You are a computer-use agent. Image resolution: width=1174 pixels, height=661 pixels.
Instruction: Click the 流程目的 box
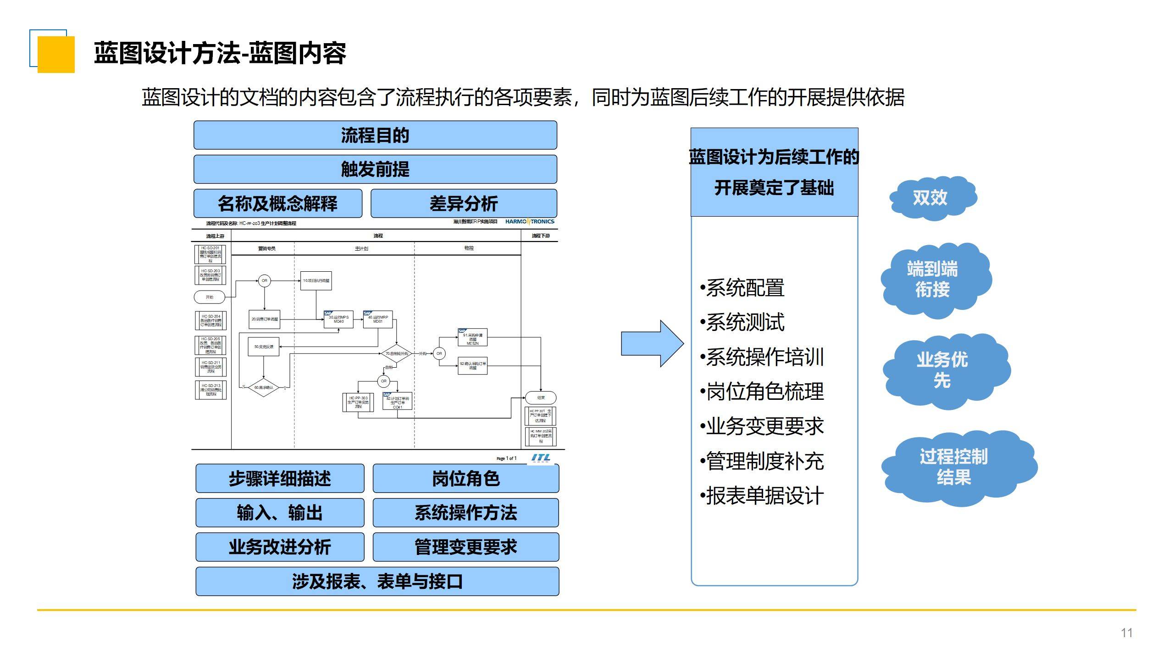click(x=375, y=135)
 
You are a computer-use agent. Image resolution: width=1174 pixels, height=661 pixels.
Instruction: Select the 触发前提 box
click(x=375, y=169)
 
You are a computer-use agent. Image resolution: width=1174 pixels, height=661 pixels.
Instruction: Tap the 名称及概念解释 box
click(x=277, y=203)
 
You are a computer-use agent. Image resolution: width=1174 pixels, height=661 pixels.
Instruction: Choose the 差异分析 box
click(x=464, y=203)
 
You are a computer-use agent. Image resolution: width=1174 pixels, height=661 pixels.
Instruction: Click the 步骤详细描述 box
click(x=280, y=478)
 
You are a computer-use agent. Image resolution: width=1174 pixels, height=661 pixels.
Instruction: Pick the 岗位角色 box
click(x=465, y=478)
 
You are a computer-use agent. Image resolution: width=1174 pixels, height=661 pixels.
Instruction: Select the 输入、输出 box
click(x=280, y=513)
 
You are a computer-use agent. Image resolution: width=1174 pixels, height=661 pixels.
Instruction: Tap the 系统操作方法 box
click(x=465, y=513)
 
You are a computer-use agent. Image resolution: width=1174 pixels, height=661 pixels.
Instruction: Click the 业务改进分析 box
click(x=280, y=547)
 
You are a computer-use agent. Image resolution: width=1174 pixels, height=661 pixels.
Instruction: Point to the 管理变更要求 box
click(x=465, y=547)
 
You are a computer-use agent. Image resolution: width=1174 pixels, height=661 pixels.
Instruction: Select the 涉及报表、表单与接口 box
click(x=377, y=582)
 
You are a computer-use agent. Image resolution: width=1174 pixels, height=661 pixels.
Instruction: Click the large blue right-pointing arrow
click(x=652, y=343)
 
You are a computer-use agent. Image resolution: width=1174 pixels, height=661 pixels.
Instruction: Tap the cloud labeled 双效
click(x=932, y=198)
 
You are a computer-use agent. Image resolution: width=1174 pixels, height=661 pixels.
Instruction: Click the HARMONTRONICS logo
click(x=530, y=222)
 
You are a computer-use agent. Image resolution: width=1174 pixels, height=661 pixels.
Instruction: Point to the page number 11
click(x=1126, y=633)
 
